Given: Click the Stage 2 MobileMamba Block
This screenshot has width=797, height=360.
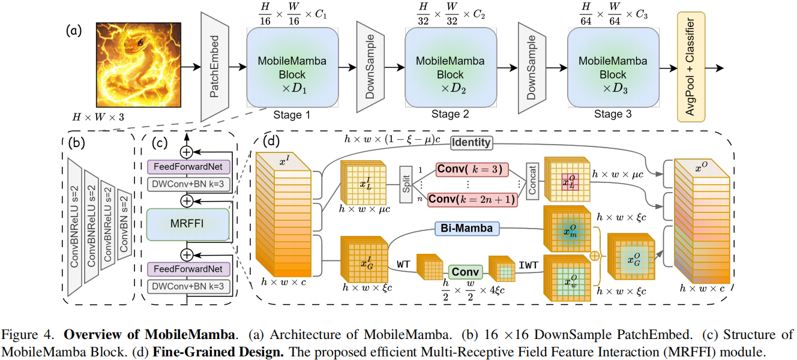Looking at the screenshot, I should (450, 67).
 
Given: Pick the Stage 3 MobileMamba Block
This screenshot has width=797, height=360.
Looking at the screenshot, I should (613, 67).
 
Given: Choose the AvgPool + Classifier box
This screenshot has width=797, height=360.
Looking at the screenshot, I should (690, 67).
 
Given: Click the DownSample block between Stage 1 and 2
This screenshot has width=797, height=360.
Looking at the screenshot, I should (370, 67).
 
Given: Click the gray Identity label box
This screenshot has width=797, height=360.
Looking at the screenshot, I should (471, 142).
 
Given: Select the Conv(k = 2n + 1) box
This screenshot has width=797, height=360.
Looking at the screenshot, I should (472, 199).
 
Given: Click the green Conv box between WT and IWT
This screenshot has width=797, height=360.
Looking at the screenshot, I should (465, 271).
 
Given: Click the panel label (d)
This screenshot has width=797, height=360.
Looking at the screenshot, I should (270, 143).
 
